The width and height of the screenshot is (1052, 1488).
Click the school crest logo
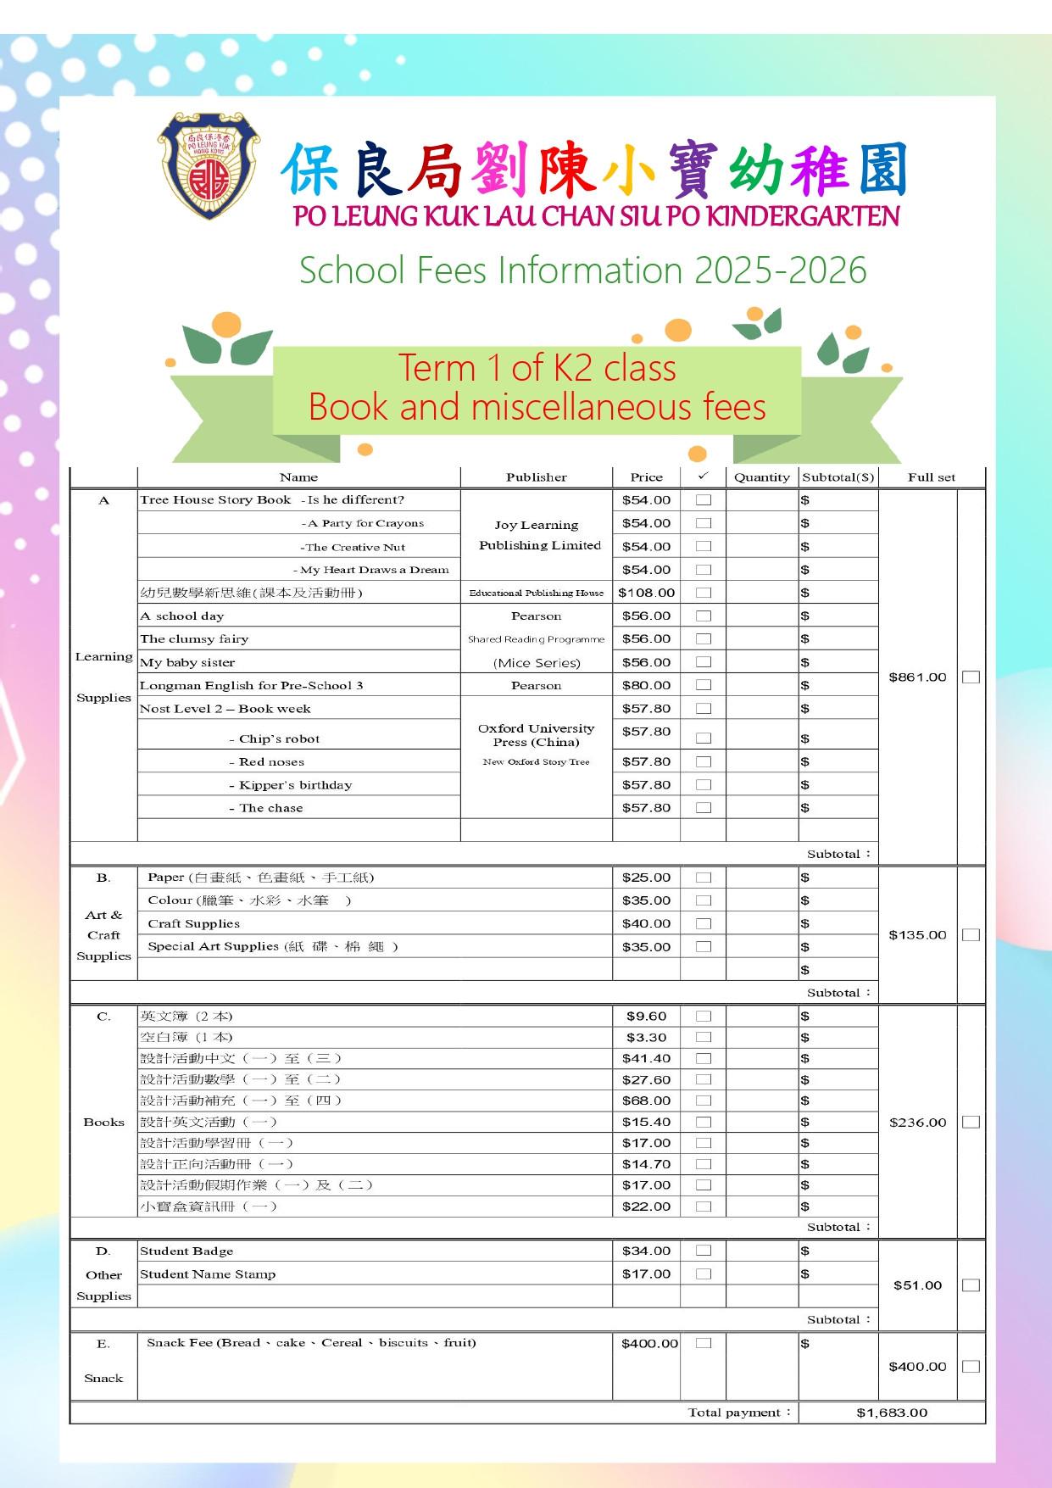tap(209, 166)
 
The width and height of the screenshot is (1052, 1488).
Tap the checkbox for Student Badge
tap(703, 1251)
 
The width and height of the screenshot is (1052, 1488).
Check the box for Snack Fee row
tap(703, 1343)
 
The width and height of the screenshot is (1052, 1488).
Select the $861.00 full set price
tap(917, 677)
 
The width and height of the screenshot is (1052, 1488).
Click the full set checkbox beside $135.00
tap(971, 935)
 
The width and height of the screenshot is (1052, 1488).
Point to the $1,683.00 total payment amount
tap(892, 1413)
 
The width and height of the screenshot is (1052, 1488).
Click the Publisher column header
tap(536, 477)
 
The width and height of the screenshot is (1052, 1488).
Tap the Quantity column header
tap(761, 477)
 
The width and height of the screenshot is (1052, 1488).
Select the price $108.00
tap(646, 593)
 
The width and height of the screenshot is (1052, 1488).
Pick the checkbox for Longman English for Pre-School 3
tap(703, 685)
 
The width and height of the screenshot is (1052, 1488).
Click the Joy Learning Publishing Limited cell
tap(539, 535)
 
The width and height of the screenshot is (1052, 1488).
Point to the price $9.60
tap(646, 1016)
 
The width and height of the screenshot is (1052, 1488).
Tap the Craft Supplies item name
tap(193, 924)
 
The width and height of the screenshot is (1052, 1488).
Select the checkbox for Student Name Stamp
tap(703, 1273)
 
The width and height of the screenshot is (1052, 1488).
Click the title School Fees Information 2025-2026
tap(582, 270)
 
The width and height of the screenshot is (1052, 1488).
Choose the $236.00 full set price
tap(917, 1123)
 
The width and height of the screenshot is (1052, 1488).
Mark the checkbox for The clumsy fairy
tap(703, 639)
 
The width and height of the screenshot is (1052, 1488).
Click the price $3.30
tap(646, 1037)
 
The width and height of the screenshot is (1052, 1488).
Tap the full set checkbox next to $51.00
tap(971, 1285)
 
